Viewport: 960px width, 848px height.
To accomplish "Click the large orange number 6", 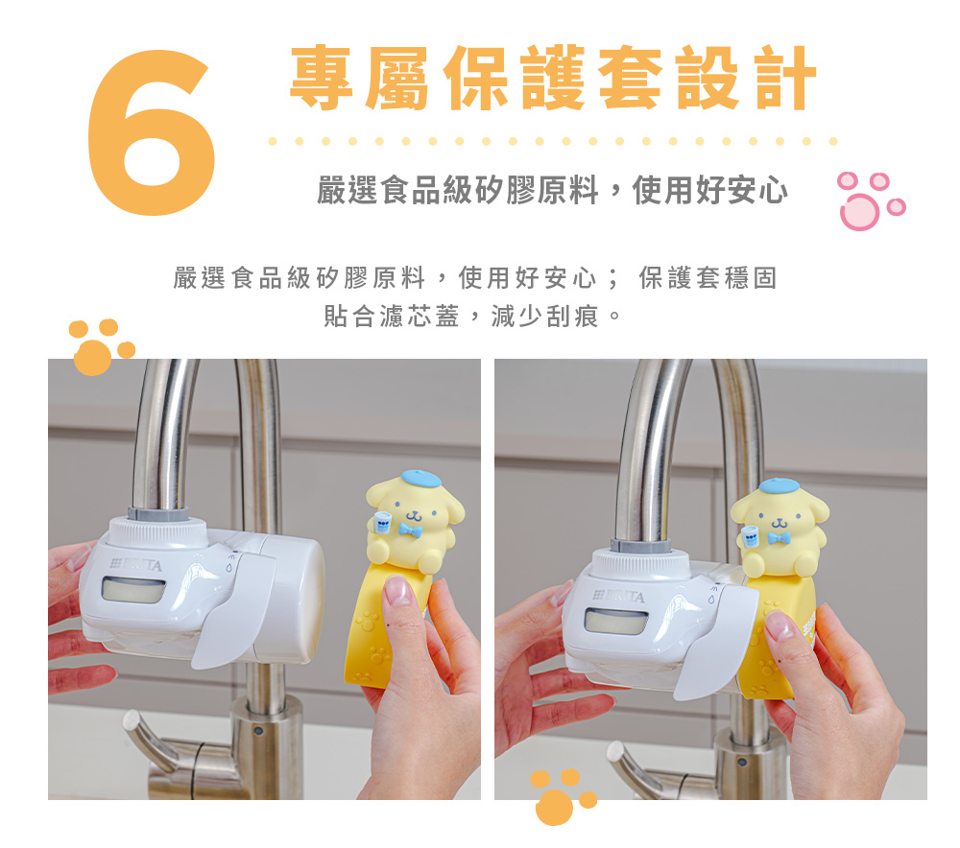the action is (152, 132).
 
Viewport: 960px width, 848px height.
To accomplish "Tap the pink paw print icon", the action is (871, 200).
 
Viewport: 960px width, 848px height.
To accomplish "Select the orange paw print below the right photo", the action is (562, 796).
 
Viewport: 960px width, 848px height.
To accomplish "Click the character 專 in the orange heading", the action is (322, 78).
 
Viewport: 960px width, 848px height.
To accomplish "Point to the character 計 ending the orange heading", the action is (785, 78).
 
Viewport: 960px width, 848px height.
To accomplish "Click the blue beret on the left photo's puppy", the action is (420, 479).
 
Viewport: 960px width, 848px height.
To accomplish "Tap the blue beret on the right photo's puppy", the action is (779, 485).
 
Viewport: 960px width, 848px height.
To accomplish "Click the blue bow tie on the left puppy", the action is (410, 530).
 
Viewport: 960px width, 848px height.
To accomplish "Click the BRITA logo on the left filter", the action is (136, 564).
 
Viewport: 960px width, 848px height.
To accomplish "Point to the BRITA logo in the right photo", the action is (619, 596).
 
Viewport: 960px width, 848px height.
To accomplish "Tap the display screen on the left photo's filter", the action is (133, 590).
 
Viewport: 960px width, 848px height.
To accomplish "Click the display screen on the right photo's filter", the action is (616, 622).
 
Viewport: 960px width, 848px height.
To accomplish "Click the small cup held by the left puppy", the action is (383, 523).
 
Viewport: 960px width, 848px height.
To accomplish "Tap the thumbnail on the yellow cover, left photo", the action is (398, 591).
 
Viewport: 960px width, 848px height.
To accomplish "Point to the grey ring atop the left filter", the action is (158, 514).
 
